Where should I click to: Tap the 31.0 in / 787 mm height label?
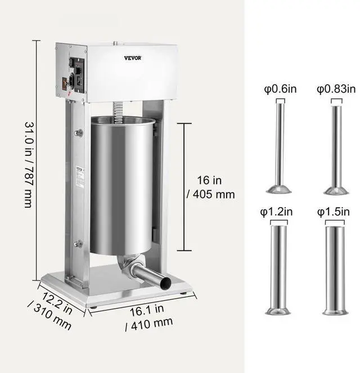pyautogui.click(x=28, y=163)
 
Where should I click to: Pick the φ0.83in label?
pyautogui.click(x=336, y=89)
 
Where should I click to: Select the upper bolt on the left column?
pyautogui.click(x=79, y=133)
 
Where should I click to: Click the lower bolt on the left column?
pyautogui.click(x=78, y=244)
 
